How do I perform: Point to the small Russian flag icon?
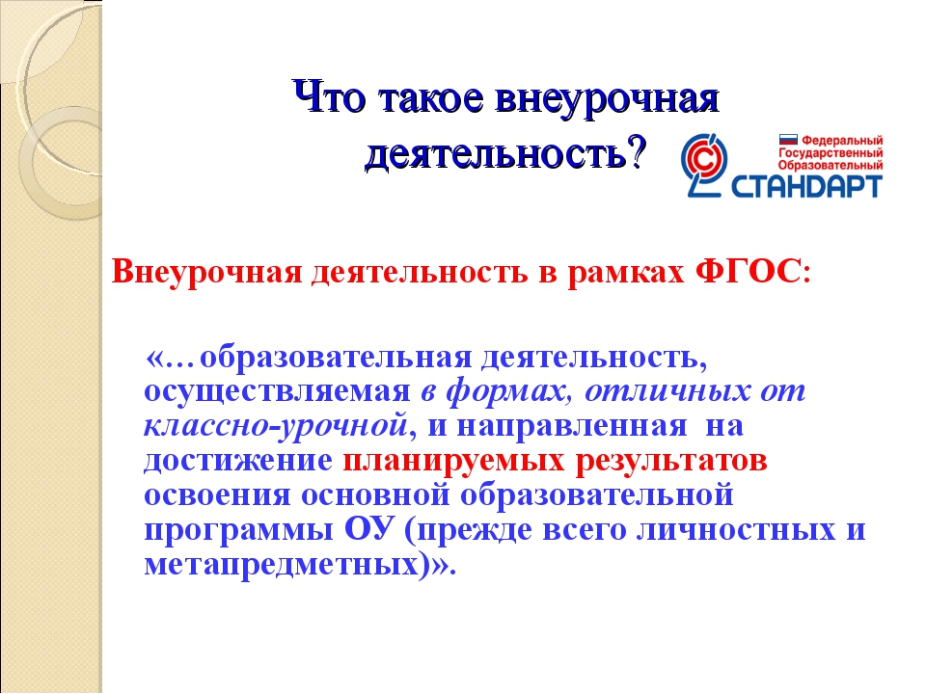click(x=788, y=140)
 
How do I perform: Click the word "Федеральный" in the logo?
click(x=841, y=141)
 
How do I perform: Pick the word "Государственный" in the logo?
click(x=831, y=153)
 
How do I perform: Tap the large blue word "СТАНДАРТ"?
click(x=806, y=186)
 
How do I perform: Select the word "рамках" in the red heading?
click(x=625, y=273)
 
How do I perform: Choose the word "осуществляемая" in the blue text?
click(x=277, y=392)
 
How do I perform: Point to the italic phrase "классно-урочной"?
click(x=276, y=426)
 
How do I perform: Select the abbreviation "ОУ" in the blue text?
click(x=368, y=529)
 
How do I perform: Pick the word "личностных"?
click(x=735, y=530)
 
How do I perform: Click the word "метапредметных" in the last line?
click(x=283, y=565)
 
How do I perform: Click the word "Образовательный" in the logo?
click(x=831, y=166)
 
